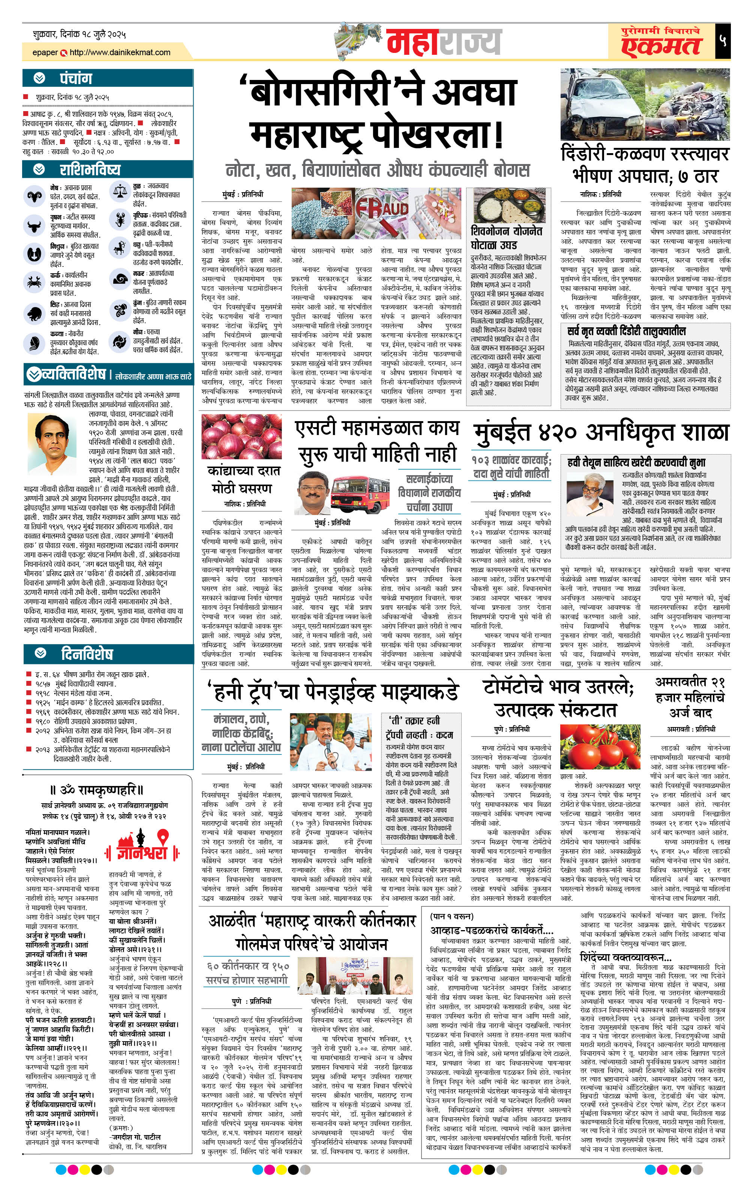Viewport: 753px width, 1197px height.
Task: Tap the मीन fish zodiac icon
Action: [119, 342]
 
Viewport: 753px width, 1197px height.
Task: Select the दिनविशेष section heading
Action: [87, 654]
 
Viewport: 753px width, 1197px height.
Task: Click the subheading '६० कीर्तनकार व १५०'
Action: [246, 966]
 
